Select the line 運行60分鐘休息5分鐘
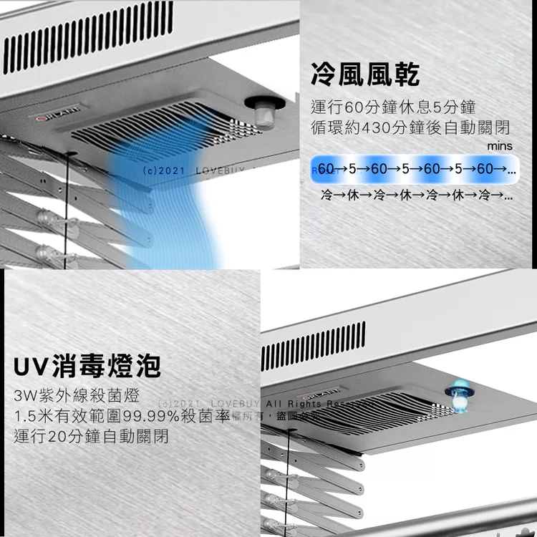click(394, 108)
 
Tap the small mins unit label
click(499, 146)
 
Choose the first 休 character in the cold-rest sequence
click(352, 194)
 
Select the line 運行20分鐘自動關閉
click(91, 436)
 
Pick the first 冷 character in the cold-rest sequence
click(327, 194)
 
